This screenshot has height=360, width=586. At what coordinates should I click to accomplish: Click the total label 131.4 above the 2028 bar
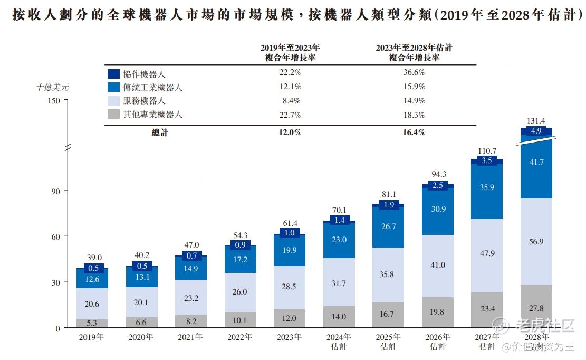click(x=536, y=121)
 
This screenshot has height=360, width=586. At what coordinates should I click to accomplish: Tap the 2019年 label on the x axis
click(x=91, y=337)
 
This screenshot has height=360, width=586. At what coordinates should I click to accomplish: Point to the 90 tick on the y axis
click(x=55, y=191)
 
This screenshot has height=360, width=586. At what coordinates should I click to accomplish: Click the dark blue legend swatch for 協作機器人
click(x=113, y=74)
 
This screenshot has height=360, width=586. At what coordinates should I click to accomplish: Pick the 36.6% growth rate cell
click(x=414, y=72)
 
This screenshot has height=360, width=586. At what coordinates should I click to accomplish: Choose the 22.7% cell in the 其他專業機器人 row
click(x=290, y=115)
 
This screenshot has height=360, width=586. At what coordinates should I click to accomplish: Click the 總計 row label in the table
click(x=159, y=132)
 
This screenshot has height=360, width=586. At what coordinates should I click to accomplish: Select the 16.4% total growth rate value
click(x=414, y=132)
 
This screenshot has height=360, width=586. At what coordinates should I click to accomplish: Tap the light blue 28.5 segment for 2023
click(x=290, y=287)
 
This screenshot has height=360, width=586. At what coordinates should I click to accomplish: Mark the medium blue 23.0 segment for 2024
click(x=339, y=240)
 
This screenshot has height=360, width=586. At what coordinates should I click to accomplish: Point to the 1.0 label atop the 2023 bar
click(x=290, y=233)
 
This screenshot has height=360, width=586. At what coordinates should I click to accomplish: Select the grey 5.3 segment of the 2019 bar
click(x=92, y=323)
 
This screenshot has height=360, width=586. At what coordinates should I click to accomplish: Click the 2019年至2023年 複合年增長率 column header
click(x=290, y=52)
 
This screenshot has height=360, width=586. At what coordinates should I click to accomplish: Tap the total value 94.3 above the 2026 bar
click(x=438, y=174)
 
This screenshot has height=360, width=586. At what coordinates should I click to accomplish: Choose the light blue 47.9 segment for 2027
click(x=487, y=253)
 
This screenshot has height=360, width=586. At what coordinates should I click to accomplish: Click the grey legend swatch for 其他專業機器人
click(x=113, y=114)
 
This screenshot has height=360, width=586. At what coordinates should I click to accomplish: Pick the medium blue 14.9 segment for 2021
click(x=191, y=268)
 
